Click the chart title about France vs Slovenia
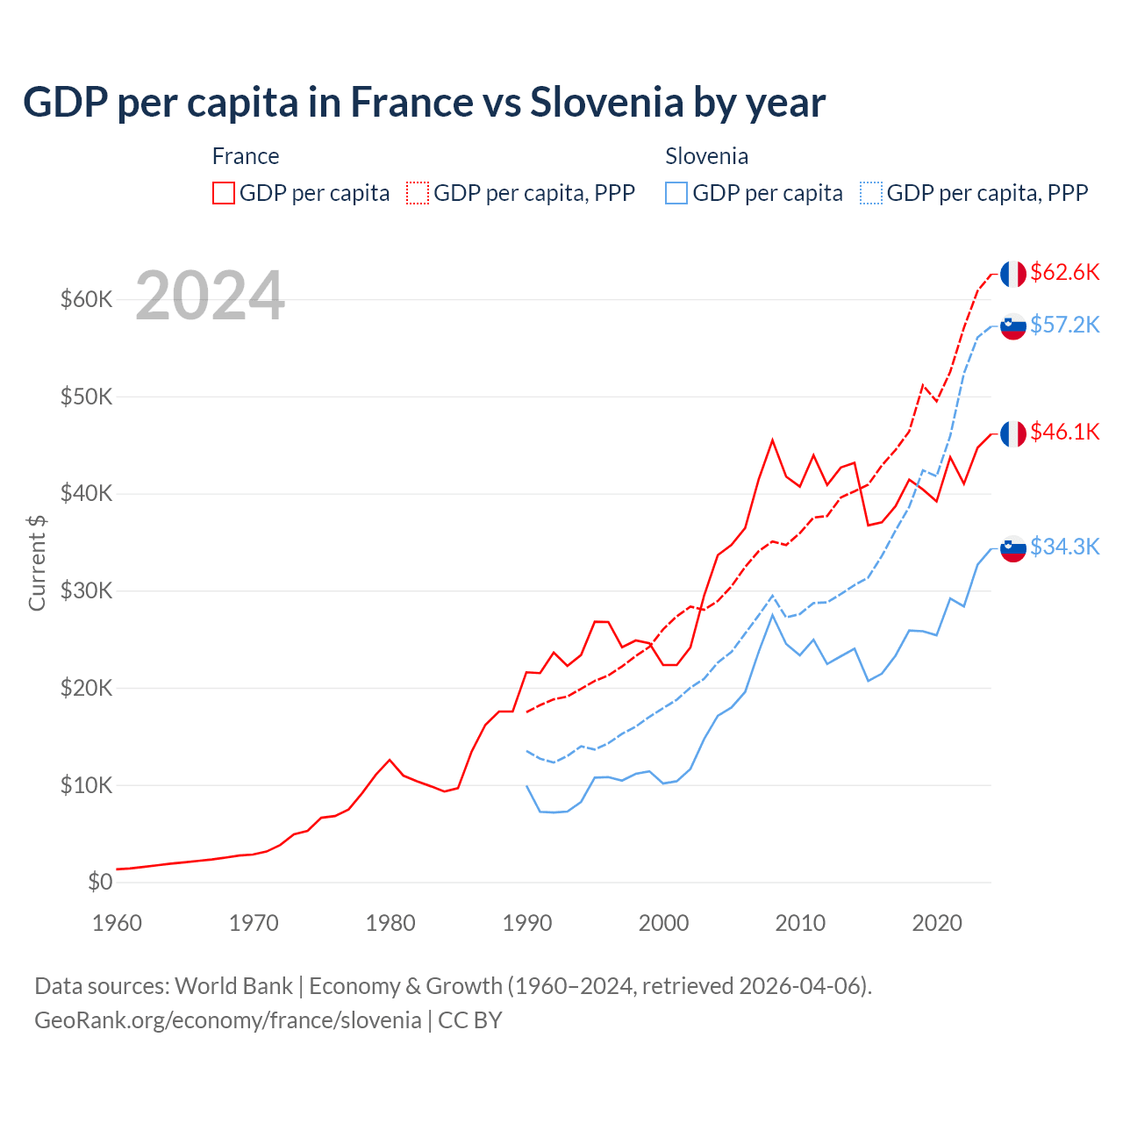tap(424, 103)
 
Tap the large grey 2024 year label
tap(210, 296)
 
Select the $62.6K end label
tap(1064, 273)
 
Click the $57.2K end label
tap(1064, 325)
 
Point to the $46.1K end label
tap(1064, 433)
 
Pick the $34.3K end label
tap(1064, 547)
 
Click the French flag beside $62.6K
tap(1013, 274)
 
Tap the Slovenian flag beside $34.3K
tap(1013, 548)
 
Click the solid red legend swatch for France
tap(224, 193)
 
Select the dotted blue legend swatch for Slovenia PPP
tap(871, 193)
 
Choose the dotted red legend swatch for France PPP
tap(418, 193)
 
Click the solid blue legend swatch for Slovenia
tap(676, 193)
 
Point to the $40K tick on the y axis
tap(87, 494)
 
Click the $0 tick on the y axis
tap(100, 882)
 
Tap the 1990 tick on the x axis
tap(527, 923)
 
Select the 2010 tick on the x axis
tap(800, 923)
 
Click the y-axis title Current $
tap(37, 562)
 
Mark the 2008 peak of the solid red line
tap(772, 440)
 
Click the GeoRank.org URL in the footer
tap(228, 1020)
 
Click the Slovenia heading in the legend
tap(706, 156)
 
